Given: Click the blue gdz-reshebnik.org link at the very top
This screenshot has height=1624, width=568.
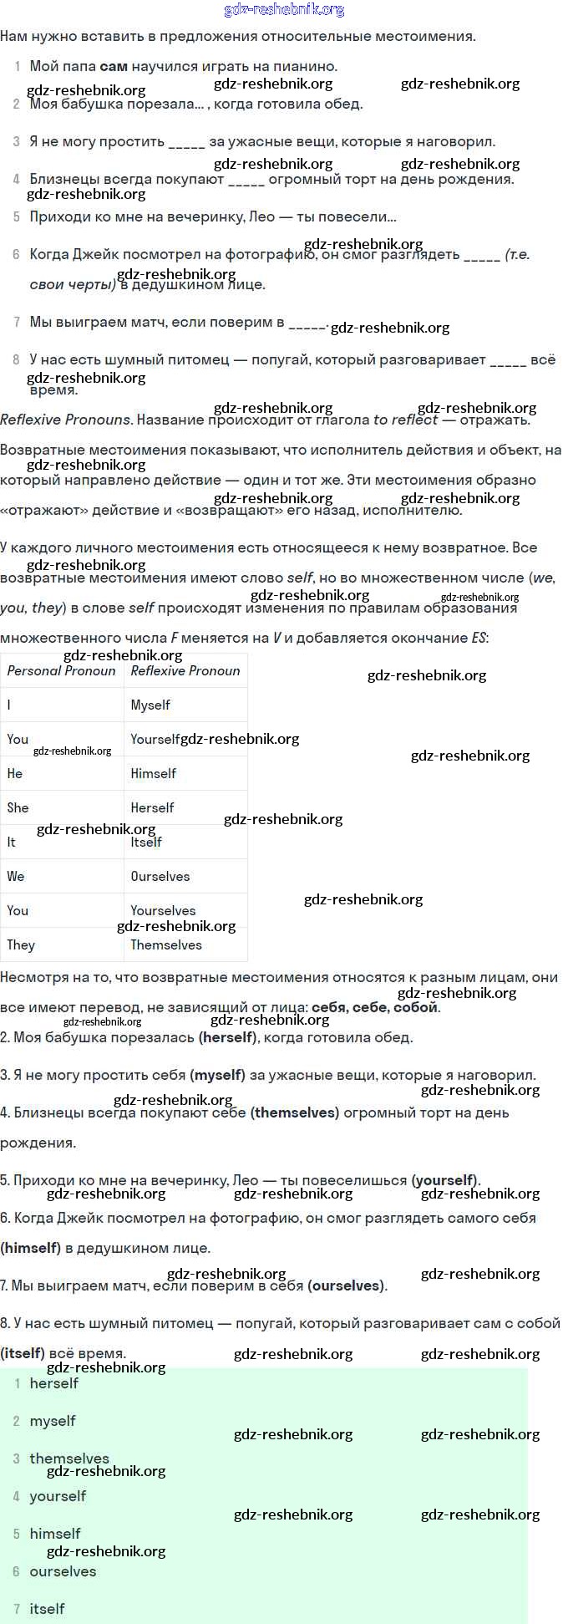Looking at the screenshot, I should pos(284,10).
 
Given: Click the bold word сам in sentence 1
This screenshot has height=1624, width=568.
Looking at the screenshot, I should pos(113,67).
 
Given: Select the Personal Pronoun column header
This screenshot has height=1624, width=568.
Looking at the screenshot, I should pos(62,670).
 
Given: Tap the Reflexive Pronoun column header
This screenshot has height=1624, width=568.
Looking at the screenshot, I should pos(185,670).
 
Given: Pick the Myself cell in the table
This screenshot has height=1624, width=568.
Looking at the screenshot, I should pos(150,705).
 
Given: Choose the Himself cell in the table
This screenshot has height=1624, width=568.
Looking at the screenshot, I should pos(154,774).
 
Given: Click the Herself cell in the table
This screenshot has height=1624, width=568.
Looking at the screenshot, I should pos(153,808).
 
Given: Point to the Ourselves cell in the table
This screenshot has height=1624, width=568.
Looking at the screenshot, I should pos(160,877).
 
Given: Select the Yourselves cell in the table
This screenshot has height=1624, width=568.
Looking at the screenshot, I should pos(163,910).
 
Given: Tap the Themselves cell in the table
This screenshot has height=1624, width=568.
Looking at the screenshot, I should pos(166,945).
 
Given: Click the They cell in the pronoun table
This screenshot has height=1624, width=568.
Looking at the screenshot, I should pos(21,945).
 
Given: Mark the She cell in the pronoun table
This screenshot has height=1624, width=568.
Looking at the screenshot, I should pos(18,808).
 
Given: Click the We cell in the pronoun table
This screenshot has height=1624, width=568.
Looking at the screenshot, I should pos(16,877).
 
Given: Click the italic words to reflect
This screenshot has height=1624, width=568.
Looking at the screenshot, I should pos(405,420).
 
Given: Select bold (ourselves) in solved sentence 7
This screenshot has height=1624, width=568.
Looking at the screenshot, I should pos(347,1286).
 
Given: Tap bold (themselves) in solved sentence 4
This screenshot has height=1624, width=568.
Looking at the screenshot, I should pos(295,1113).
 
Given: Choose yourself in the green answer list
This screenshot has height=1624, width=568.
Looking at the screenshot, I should pos(58,1496).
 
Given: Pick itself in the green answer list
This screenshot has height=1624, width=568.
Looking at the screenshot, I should pos(47,1609).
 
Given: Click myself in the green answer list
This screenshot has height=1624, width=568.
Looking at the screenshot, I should pos(53,1421).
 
